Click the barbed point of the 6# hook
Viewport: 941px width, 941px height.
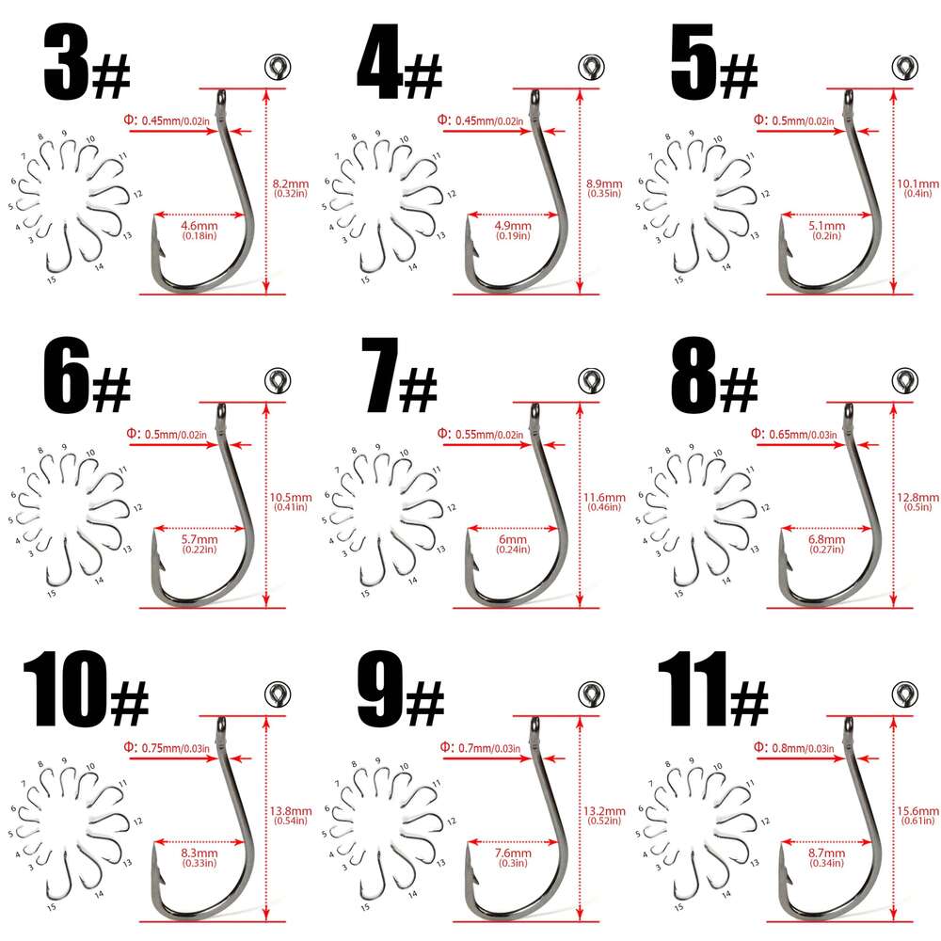click(x=156, y=547)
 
